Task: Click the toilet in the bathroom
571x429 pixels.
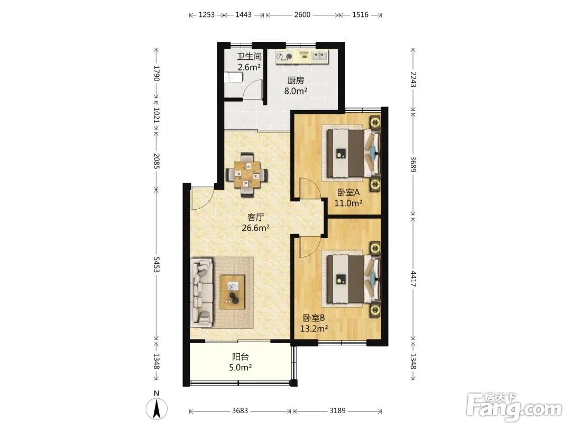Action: (x=233, y=77)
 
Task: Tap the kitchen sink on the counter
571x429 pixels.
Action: (x=320, y=56)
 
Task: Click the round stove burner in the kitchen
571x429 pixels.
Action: (x=289, y=56)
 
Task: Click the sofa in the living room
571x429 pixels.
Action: (x=202, y=292)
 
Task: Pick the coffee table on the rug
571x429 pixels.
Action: (x=232, y=292)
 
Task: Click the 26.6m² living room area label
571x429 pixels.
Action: (x=256, y=228)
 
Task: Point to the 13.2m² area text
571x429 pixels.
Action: (x=314, y=329)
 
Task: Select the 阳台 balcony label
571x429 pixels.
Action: (x=241, y=357)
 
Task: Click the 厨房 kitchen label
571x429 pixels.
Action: (x=296, y=81)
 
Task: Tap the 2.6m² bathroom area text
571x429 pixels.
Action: (x=249, y=67)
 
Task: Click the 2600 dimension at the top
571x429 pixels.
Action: (x=302, y=15)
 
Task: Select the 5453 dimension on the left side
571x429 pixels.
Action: (x=156, y=264)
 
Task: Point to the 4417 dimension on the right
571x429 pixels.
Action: (x=413, y=279)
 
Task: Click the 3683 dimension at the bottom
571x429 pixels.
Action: (x=240, y=411)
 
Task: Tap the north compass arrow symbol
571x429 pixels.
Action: (x=156, y=409)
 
